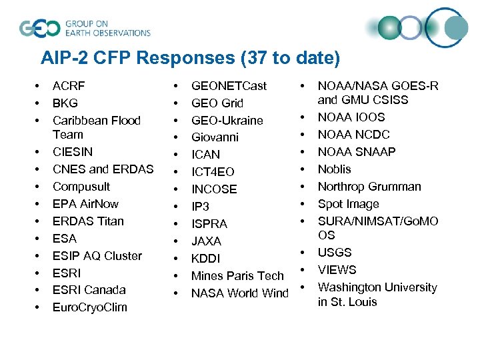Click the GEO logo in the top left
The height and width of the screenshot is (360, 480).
pyautogui.click(x=40, y=28)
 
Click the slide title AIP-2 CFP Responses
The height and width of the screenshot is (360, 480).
pyautogui.click(x=190, y=58)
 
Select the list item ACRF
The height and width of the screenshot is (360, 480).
pyautogui.click(x=69, y=86)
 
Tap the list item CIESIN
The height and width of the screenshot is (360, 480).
pyautogui.click(x=73, y=152)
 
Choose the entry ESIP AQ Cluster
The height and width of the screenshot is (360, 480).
pyautogui.click(x=97, y=256)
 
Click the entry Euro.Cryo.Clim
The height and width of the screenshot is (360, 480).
pyautogui.click(x=90, y=307)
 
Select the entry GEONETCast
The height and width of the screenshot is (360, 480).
pyautogui.click(x=229, y=86)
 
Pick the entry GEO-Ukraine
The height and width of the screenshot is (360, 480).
pyautogui.click(x=227, y=121)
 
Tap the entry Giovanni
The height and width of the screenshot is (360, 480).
pyautogui.click(x=215, y=137)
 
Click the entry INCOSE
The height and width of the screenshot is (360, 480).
pyautogui.click(x=214, y=189)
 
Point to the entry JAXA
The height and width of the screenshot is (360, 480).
pyautogui.click(x=206, y=241)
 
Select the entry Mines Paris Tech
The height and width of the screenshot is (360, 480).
pyautogui.click(x=237, y=276)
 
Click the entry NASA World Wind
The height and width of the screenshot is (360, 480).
pyautogui.click(x=240, y=293)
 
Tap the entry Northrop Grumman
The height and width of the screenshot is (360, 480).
pyautogui.click(x=369, y=187)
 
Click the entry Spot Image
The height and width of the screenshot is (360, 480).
pyautogui.click(x=348, y=204)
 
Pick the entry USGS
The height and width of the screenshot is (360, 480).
pyautogui.click(x=335, y=253)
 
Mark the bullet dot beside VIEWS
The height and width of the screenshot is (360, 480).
pyautogui.click(x=303, y=270)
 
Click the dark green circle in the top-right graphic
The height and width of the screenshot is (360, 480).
pyautogui.click(x=389, y=28)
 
